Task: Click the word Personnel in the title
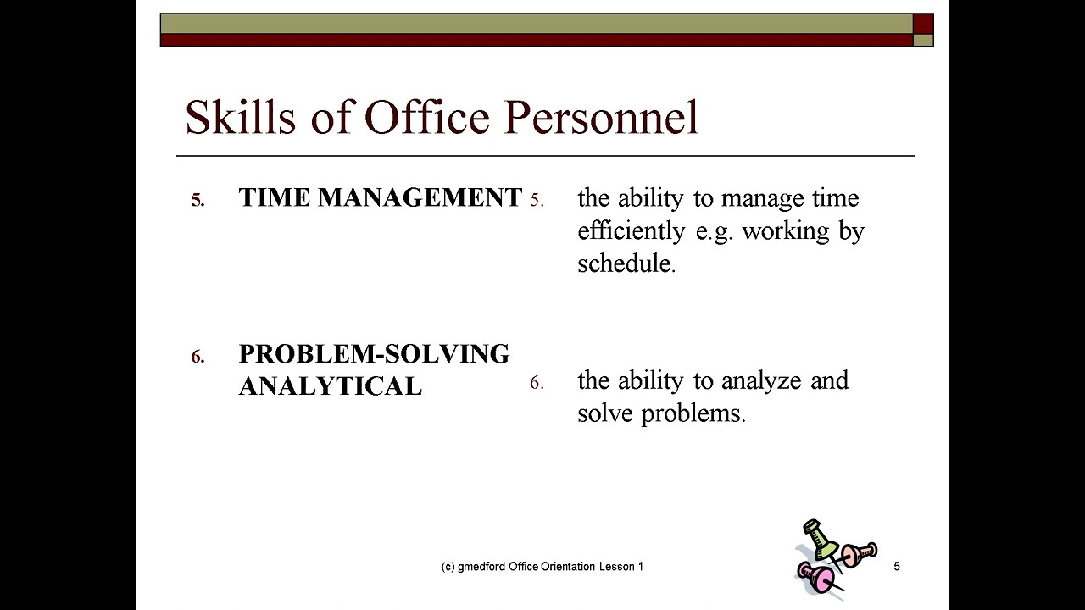click(x=601, y=117)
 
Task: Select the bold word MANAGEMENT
click(x=420, y=197)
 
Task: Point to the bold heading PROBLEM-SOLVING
click(x=374, y=353)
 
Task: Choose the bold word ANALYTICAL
click(x=330, y=386)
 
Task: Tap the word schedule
click(x=626, y=263)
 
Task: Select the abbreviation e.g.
click(x=712, y=231)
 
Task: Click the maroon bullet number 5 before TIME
click(x=198, y=201)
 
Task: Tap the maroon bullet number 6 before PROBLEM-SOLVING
click(x=198, y=357)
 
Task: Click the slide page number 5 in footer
click(x=897, y=566)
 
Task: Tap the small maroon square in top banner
click(x=923, y=24)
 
